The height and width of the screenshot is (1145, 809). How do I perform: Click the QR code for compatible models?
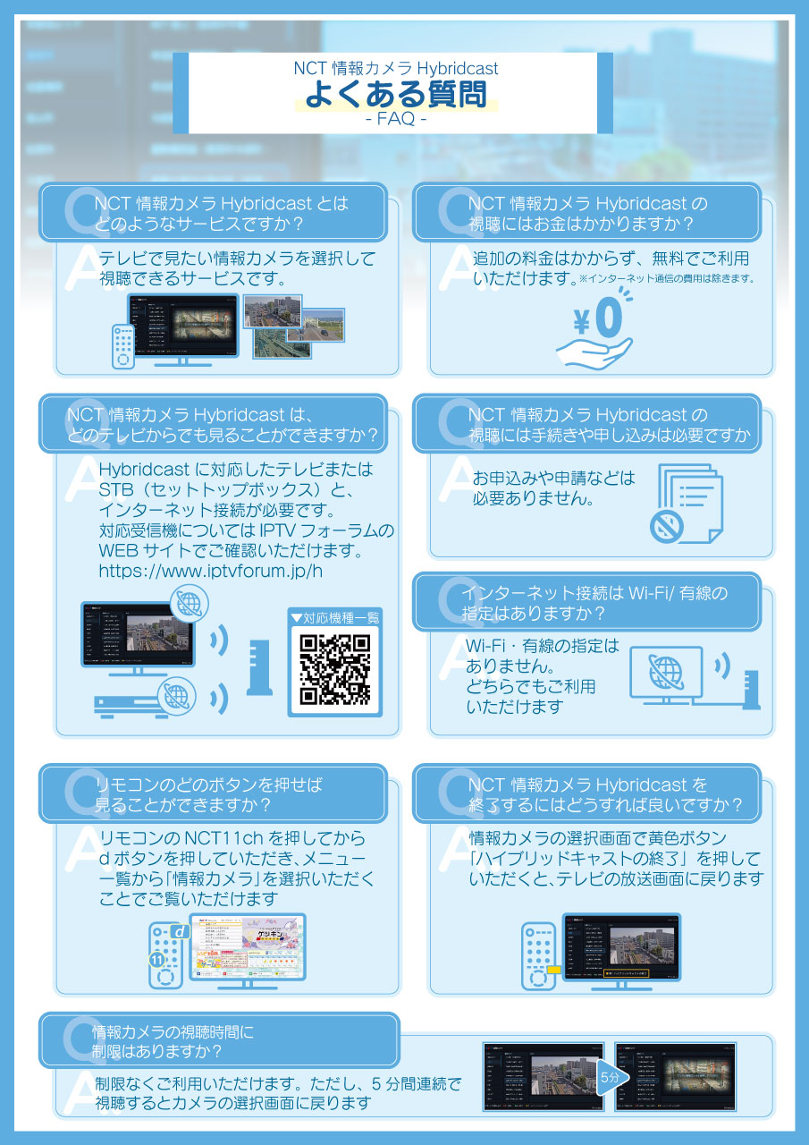[x=334, y=668]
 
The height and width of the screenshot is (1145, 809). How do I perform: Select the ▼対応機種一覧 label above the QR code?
[x=334, y=617]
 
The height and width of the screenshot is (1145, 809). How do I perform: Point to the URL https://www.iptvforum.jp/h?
[x=211, y=571]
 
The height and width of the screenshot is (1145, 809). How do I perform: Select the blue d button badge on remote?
[x=180, y=932]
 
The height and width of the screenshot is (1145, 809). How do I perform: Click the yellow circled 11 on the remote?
[x=156, y=960]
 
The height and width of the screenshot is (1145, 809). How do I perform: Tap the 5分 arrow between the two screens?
[x=609, y=1079]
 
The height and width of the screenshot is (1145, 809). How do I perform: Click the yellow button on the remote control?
[x=554, y=970]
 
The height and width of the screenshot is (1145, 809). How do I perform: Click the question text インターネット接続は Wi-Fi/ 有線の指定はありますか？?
[x=594, y=604]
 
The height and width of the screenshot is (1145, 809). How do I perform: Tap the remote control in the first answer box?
[x=122, y=345]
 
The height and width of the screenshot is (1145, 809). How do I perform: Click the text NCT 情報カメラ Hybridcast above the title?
[x=396, y=68]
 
